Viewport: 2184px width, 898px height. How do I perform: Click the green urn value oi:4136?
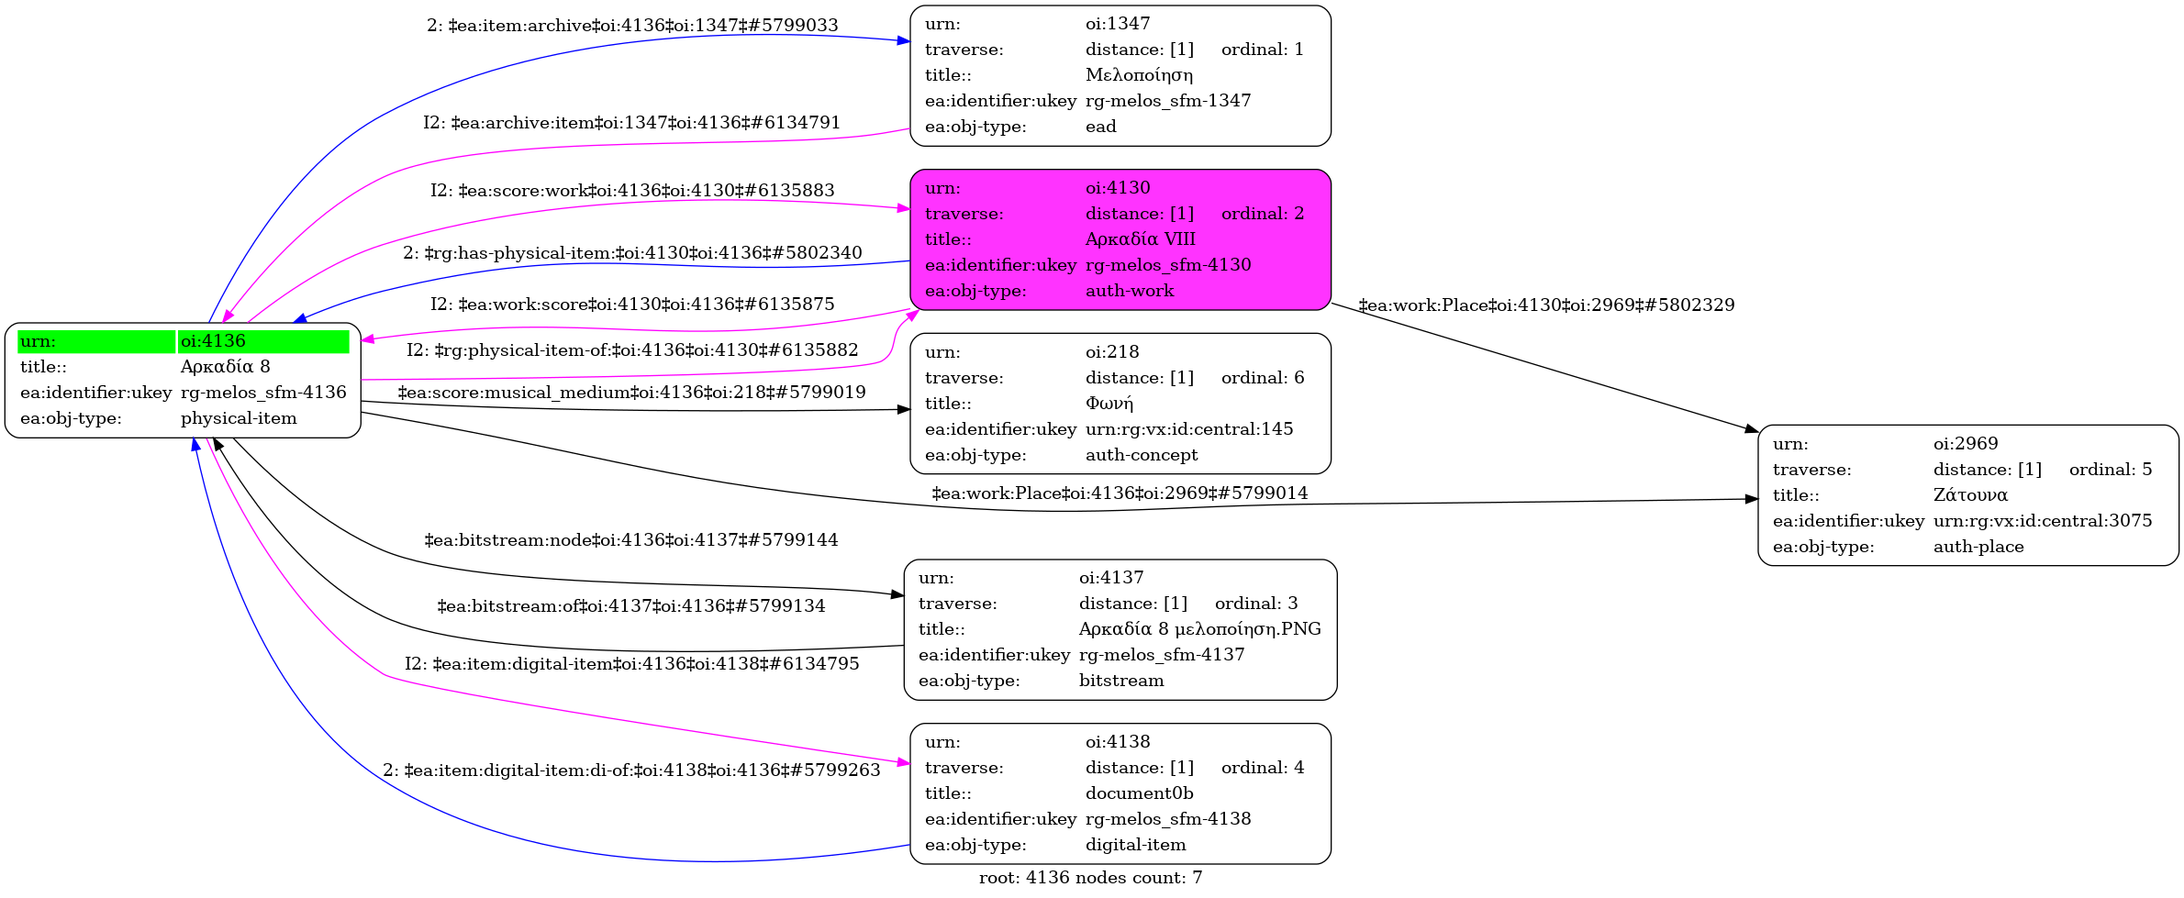pyautogui.click(x=213, y=341)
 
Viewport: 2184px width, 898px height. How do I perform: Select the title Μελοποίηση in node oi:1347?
pyautogui.click(x=1139, y=75)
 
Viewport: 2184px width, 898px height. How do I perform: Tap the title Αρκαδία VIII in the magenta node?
pyautogui.click(x=1140, y=239)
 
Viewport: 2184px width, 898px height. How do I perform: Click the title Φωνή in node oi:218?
pyautogui.click(x=1109, y=404)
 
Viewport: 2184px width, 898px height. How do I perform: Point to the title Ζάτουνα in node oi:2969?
pyautogui.click(x=1970, y=495)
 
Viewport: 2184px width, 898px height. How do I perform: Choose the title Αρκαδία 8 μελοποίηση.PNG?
pyautogui.click(x=1199, y=629)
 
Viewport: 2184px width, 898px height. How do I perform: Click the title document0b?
pyautogui.click(x=1139, y=793)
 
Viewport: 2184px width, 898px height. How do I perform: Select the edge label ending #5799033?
pyautogui.click(x=632, y=26)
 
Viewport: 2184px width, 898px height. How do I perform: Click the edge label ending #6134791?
pyautogui.click(x=631, y=123)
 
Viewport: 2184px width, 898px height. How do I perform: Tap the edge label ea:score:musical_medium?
pyautogui.click(x=631, y=393)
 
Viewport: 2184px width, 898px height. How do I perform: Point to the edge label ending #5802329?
pyautogui.click(x=1546, y=305)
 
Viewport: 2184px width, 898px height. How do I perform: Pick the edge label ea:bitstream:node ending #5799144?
pyautogui.click(x=631, y=540)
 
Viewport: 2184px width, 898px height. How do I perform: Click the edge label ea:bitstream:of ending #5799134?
pyautogui.click(x=631, y=606)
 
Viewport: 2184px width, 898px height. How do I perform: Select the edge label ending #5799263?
pyautogui.click(x=631, y=771)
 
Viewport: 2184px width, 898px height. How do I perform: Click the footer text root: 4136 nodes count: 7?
pyautogui.click(x=1090, y=878)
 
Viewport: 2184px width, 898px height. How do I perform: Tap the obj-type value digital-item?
pyautogui.click(x=1135, y=845)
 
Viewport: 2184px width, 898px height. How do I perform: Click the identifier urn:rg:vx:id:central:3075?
pyautogui.click(x=2042, y=521)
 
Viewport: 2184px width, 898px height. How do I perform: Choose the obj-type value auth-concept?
pyautogui.click(x=1142, y=455)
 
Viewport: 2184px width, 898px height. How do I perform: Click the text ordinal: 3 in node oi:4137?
pyautogui.click(x=1255, y=604)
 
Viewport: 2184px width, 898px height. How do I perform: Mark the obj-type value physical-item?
pyautogui.click(x=239, y=418)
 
